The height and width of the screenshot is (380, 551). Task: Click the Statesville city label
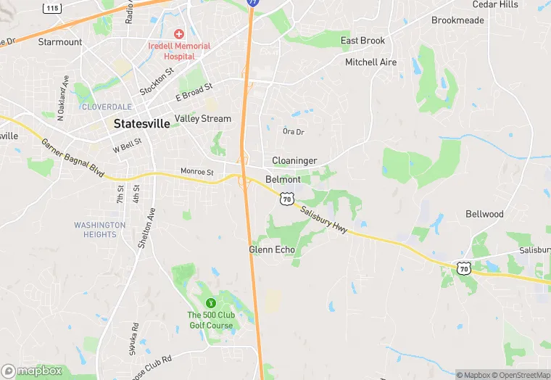[x=142, y=124]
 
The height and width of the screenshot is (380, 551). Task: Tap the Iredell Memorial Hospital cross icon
[x=178, y=34]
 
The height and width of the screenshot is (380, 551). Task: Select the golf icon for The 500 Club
[x=211, y=302]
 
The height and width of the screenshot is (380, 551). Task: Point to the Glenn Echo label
[x=272, y=249]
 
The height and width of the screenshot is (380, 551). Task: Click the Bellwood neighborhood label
[x=484, y=214]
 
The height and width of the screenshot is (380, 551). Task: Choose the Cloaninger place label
[x=294, y=160]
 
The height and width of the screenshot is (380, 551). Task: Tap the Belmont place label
[x=283, y=179]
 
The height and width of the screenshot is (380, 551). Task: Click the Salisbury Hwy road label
[x=324, y=217]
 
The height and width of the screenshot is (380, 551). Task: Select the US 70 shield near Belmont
[x=287, y=198]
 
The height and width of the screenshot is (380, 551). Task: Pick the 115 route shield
[x=51, y=8]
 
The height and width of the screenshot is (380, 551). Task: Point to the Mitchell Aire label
[x=370, y=62]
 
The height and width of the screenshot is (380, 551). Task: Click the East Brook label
[x=362, y=41]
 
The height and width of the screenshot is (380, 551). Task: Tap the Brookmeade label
[x=457, y=20]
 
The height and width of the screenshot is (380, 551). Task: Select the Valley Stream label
[x=203, y=119]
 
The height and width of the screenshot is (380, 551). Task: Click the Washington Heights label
[x=99, y=229]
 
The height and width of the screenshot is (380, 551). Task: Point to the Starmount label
[x=60, y=42]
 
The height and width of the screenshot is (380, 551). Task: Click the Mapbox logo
[x=33, y=371]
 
